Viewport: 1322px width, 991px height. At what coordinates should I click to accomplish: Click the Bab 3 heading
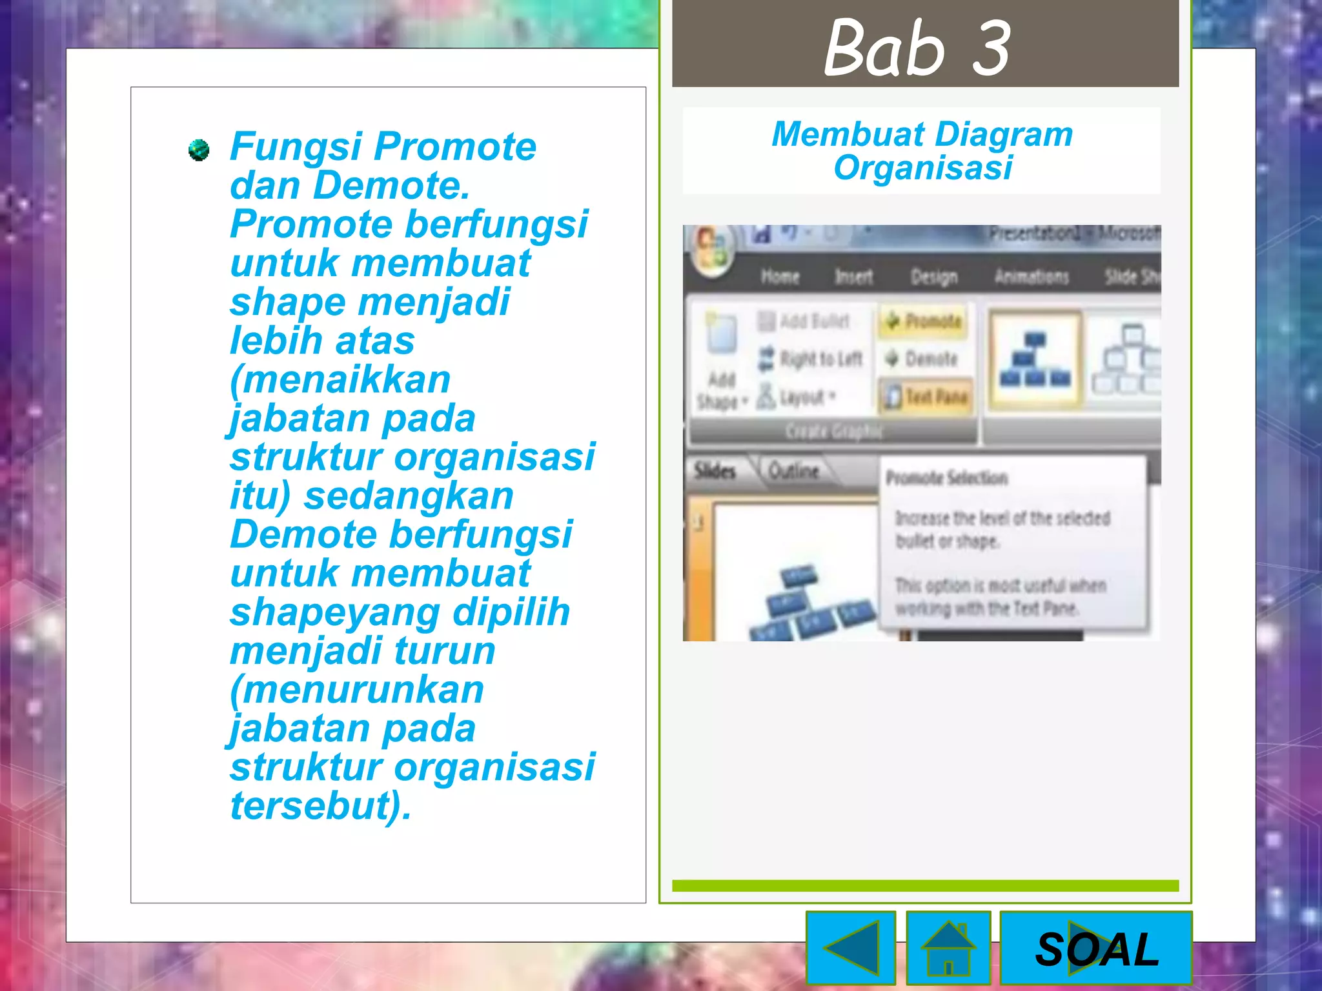(917, 46)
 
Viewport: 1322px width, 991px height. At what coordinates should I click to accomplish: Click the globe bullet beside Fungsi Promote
(199, 150)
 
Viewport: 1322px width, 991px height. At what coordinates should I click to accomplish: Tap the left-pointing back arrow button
(851, 947)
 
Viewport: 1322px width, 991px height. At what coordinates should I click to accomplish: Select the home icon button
(948, 947)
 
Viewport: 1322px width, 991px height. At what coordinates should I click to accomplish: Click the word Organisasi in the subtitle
(922, 168)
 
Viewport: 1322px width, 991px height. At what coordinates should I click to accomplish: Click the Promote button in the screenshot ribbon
(924, 321)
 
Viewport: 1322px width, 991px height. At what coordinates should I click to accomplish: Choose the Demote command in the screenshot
(922, 359)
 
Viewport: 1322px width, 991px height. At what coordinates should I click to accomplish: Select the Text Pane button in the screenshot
(927, 397)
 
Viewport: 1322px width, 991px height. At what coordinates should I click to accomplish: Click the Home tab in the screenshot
(780, 277)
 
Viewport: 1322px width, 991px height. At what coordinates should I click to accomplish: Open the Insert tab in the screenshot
(853, 277)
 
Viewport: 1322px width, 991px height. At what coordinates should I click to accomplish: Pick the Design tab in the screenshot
(933, 277)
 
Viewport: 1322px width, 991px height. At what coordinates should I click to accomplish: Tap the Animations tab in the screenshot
(1032, 277)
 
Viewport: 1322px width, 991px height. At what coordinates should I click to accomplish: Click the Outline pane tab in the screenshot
(793, 471)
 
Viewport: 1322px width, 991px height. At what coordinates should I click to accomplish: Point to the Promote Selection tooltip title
(946, 478)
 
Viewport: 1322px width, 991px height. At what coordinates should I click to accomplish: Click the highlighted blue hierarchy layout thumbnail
(1034, 360)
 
